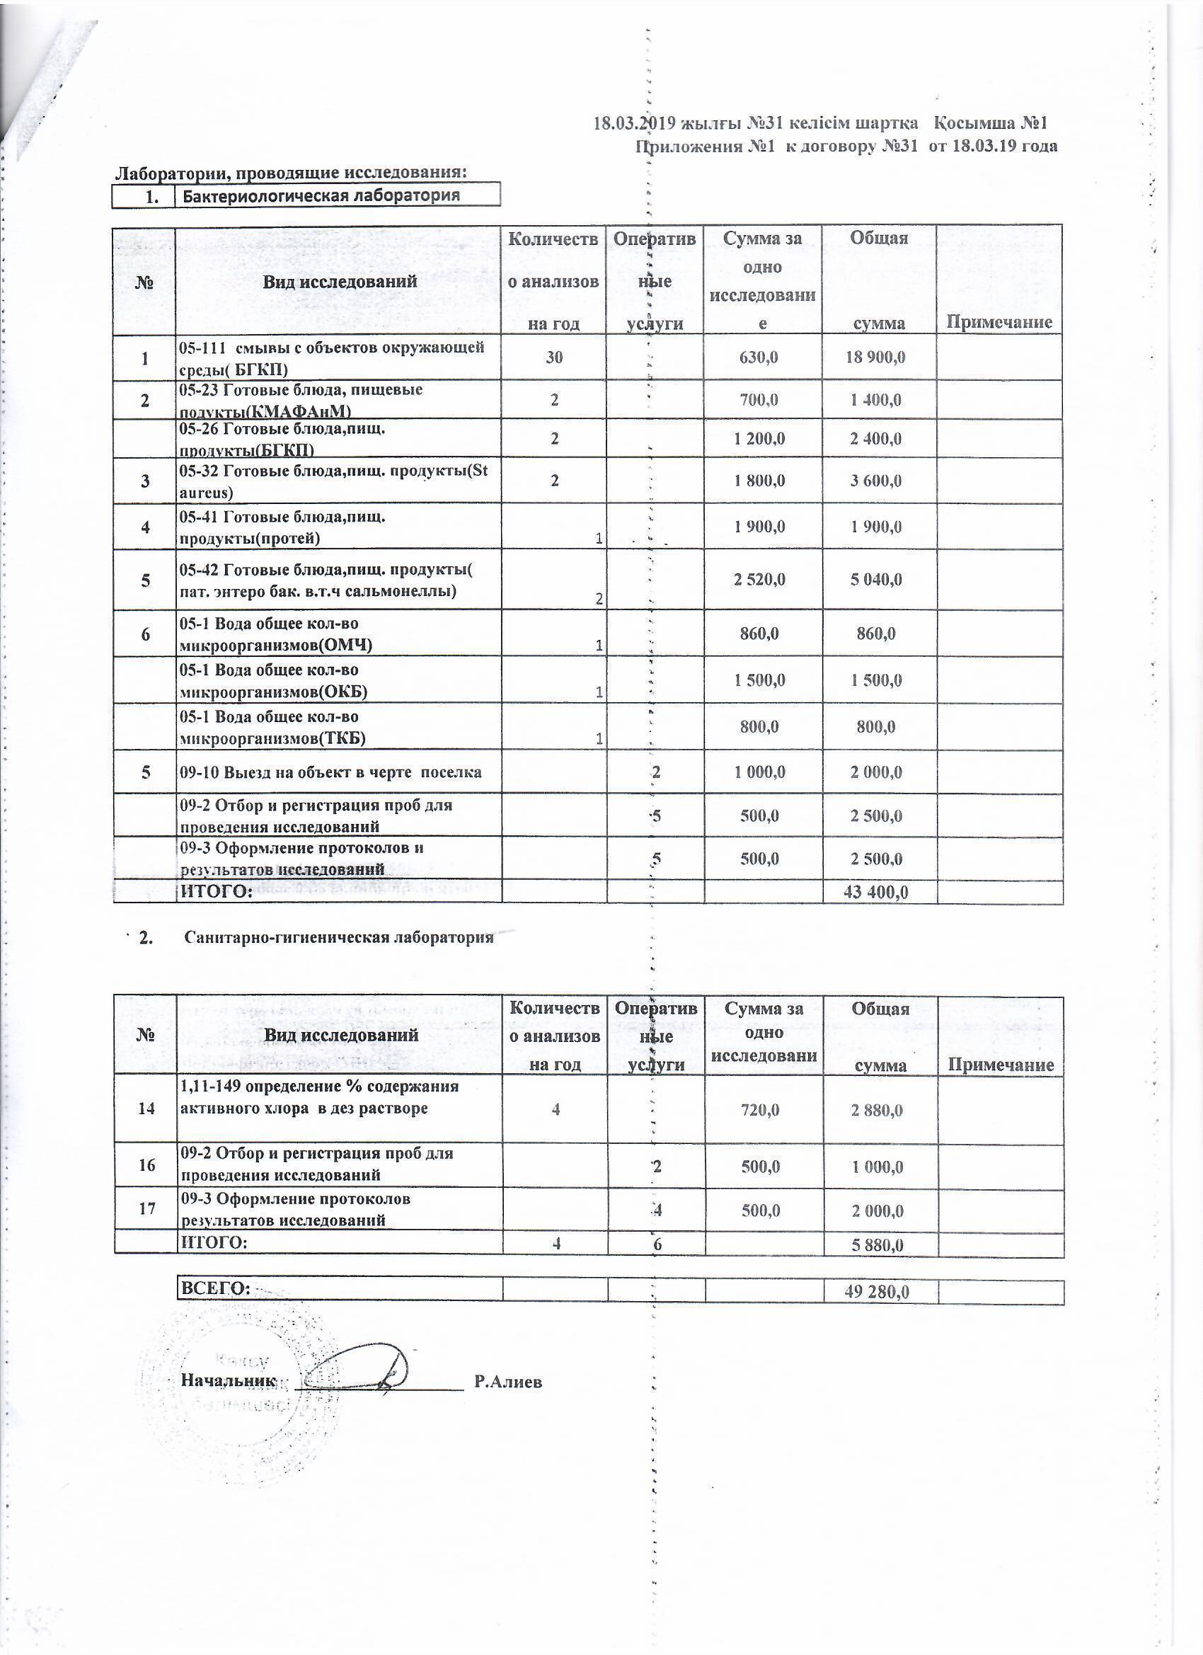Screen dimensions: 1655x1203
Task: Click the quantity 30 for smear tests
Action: pos(555,357)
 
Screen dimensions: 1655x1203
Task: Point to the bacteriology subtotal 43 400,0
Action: pos(875,892)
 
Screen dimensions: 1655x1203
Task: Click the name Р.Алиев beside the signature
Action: pos(508,1381)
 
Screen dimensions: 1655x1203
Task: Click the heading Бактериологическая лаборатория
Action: pos(321,195)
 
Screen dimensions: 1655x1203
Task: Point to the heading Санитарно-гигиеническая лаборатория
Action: pos(339,938)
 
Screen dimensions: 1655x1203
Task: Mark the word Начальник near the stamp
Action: pos(229,1380)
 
